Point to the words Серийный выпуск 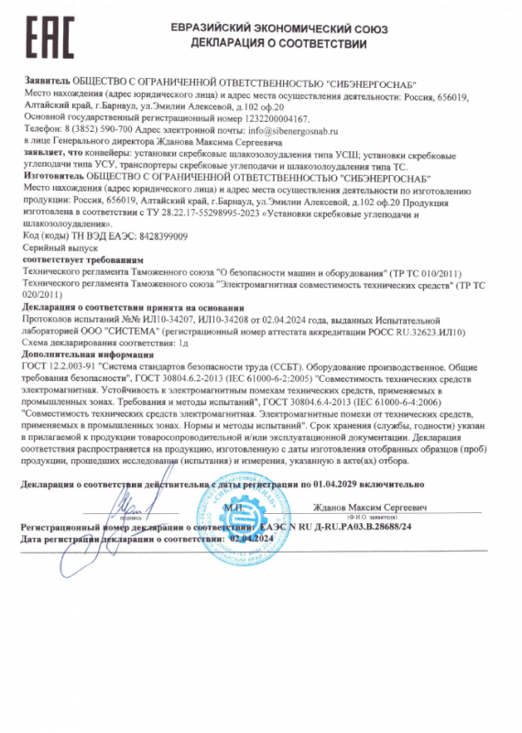pyautogui.click(x=54, y=247)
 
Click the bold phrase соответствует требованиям pyautogui.click(x=71, y=259)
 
